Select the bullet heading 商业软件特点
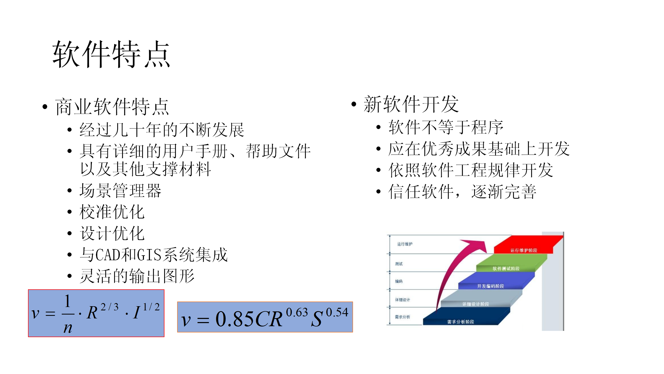click(x=112, y=107)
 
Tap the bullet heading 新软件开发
click(x=411, y=104)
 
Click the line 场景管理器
click(x=120, y=191)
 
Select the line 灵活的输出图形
click(x=137, y=276)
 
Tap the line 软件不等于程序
click(x=446, y=127)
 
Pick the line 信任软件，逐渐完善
click(x=462, y=192)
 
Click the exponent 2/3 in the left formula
click(x=109, y=307)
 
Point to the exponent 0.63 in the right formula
click(x=297, y=312)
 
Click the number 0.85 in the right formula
click(x=234, y=319)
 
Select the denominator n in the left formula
click(x=68, y=328)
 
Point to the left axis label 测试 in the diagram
click(x=399, y=264)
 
